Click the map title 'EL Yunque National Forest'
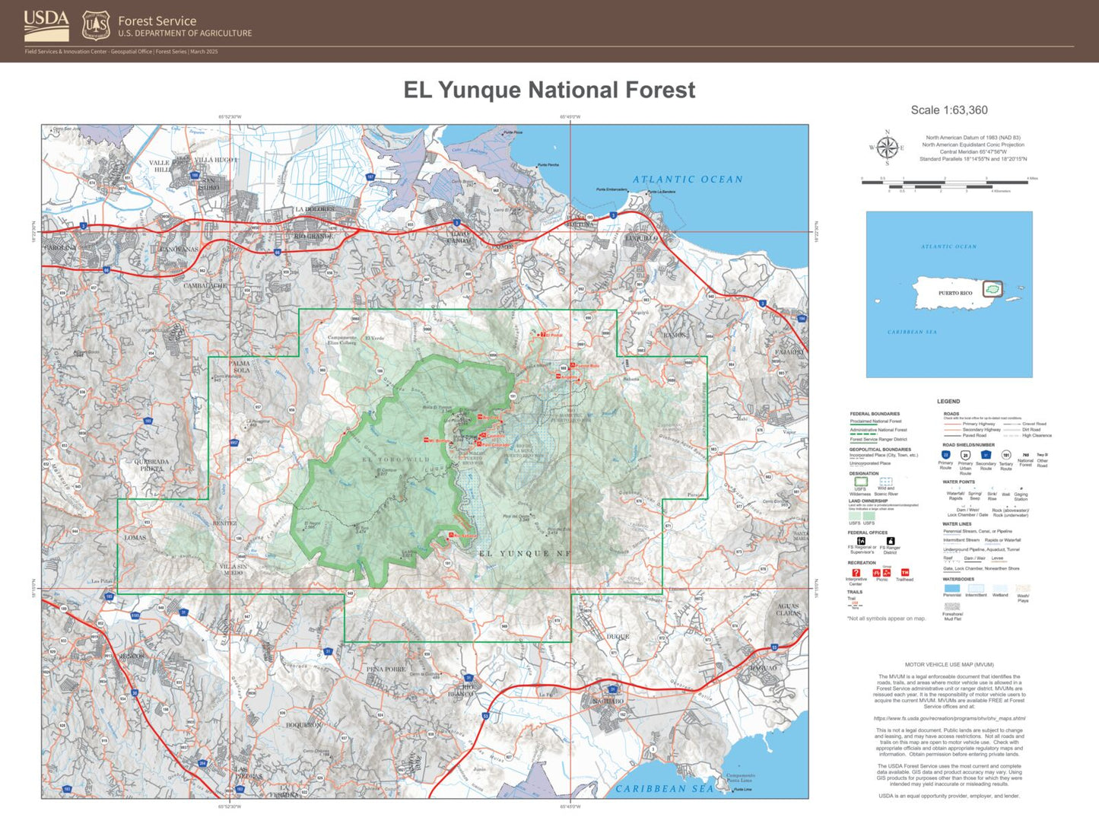click(x=549, y=90)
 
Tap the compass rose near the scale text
click(x=886, y=148)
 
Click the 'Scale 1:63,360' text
click(x=949, y=110)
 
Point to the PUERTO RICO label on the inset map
click(x=955, y=293)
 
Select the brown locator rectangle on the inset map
click(x=993, y=289)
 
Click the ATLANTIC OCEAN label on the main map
click(x=688, y=180)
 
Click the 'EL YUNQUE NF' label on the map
click(x=525, y=554)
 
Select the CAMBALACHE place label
click(x=205, y=286)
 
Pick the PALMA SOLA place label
click(x=240, y=367)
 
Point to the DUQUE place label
click(x=618, y=637)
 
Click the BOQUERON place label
click(x=303, y=725)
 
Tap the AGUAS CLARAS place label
click(x=788, y=609)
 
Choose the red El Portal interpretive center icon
click(x=543, y=335)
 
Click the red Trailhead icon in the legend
click(x=904, y=573)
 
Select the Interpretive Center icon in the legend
click(x=856, y=573)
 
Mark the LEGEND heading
click(x=948, y=401)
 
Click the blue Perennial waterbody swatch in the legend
click(x=951, y=588)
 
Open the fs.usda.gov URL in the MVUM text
click(x=949, y=718)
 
